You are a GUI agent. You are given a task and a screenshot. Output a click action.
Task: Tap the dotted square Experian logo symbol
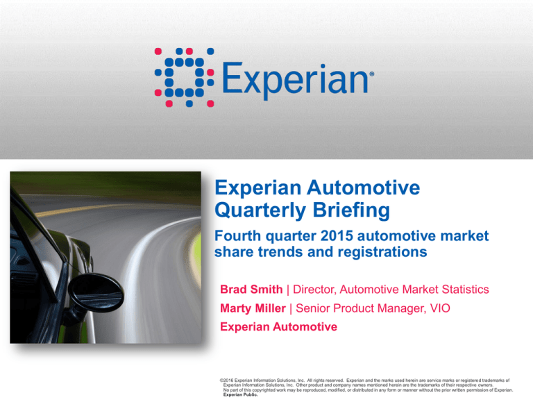(x=184, y=78)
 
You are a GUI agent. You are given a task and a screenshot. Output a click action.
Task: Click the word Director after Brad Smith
(x=316, y=288)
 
